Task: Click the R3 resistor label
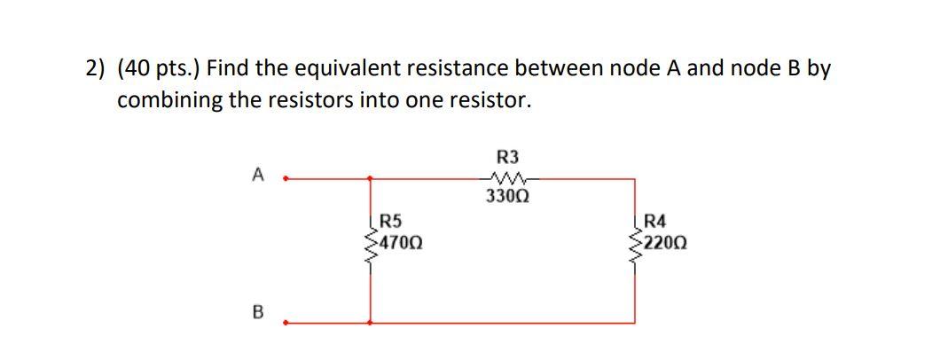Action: coord(508,158)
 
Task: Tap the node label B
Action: coord(257,313)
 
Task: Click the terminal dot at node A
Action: coord(284,178)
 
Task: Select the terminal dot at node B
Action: coord(284,324)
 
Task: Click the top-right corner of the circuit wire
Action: coord(634,178)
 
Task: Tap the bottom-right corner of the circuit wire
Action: coord(634,324)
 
